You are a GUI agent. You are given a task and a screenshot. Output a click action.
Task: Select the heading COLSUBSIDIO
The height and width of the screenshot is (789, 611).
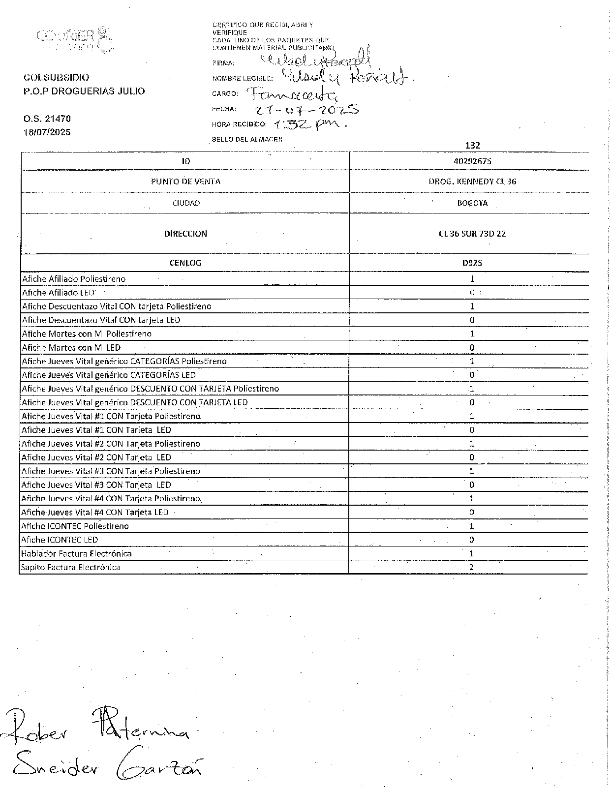click(x=57, y=78)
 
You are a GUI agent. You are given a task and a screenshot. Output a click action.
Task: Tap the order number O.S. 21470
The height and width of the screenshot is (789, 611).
click(x=47, y=119)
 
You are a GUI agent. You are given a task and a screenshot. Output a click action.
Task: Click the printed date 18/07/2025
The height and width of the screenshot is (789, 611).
click(x=47, y=132)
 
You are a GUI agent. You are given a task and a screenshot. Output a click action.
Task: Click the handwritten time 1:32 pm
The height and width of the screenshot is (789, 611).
click(x=310, y=124)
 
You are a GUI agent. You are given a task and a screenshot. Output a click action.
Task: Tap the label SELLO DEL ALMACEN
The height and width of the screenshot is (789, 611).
click(x=247, y=139)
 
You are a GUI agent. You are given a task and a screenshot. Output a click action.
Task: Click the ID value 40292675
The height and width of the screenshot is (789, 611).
click(x=472, y=161)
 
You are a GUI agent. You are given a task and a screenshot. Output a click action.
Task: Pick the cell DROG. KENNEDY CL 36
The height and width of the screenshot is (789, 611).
click(x=472, y=182)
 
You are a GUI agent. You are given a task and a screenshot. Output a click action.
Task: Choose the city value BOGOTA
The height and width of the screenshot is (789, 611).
click(x=472, y=203)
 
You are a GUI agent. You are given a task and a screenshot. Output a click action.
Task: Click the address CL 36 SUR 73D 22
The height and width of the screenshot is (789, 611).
click(x=472, y=234)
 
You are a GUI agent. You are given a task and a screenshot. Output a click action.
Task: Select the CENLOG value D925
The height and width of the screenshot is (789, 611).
click(x=472, y=263)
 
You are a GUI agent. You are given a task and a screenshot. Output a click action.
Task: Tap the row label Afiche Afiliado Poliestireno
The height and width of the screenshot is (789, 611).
click(x=74, y=279)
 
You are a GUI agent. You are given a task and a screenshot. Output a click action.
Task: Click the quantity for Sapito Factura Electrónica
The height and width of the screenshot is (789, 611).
click(x=471, y=567)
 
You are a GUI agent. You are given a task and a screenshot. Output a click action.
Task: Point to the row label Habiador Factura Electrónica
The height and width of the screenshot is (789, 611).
click(x=76, y=553)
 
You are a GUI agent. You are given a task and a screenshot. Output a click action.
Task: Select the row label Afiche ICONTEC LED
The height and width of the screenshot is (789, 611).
click(x=60, y=540)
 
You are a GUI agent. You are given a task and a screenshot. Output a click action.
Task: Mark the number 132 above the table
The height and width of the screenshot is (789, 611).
click(x=472, y=146)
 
